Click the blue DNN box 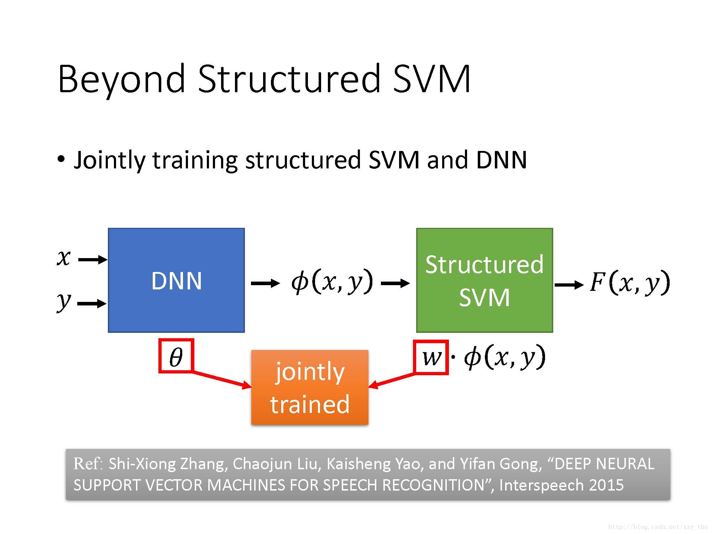176,280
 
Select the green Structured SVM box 484,280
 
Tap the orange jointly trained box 310,387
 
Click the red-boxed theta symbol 176,356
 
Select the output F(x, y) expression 629,283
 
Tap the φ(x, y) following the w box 504,357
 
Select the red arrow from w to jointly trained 392,379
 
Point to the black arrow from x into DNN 92,260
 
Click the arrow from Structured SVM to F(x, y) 569,284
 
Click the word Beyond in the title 121,79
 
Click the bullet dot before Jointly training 61,159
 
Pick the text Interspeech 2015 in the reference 561,485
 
